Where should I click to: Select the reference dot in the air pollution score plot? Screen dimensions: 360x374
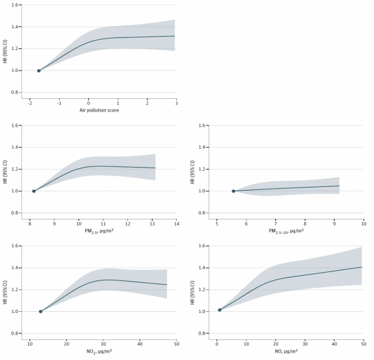(39, 71)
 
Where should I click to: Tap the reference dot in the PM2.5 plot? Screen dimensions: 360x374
(34, 191)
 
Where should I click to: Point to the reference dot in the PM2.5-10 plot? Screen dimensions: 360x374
(233, 191)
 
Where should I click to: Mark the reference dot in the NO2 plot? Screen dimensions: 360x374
(40, 311)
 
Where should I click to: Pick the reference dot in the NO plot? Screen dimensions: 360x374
(220, 310)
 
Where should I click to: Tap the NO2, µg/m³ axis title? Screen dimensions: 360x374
(103, 351)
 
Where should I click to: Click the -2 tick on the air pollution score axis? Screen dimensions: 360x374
(30, 103)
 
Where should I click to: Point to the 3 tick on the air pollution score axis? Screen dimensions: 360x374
(176, 103)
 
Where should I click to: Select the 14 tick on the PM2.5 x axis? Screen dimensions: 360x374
(176, 223)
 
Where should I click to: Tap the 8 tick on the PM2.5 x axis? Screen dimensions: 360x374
(30, 223)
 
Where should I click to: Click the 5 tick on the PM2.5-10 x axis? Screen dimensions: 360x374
(217, 223)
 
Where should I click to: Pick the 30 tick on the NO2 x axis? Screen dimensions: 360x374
(103, 343)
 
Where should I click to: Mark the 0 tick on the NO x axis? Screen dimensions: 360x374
(217, 343)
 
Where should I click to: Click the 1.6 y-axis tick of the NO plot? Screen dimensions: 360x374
(207, 246)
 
